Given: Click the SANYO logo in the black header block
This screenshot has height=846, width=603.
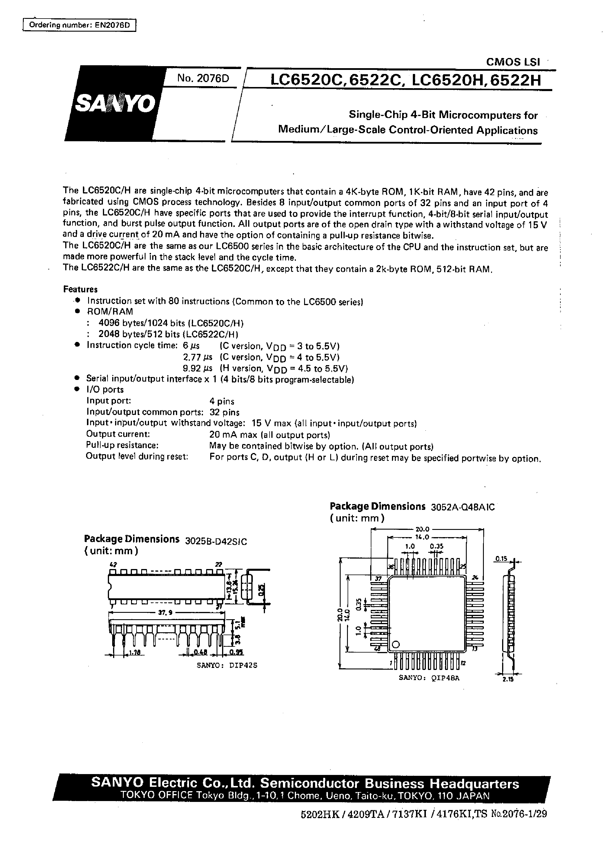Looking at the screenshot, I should click(115, 104).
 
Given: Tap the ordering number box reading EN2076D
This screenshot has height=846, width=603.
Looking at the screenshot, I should click(79, 25).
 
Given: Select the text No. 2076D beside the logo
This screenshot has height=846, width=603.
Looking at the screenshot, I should click(203, 78).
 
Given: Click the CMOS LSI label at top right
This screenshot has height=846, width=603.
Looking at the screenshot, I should click(513, 62).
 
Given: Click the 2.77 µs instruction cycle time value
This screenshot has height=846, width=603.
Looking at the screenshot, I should click(197, 357).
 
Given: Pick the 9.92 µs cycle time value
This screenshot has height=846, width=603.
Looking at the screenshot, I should click(197, 368).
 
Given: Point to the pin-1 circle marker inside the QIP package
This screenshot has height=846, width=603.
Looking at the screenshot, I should click(396, 644).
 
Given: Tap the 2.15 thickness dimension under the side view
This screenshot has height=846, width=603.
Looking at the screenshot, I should click(507, 679).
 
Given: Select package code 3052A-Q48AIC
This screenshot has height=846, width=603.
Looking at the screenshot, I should click(463, 507).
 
